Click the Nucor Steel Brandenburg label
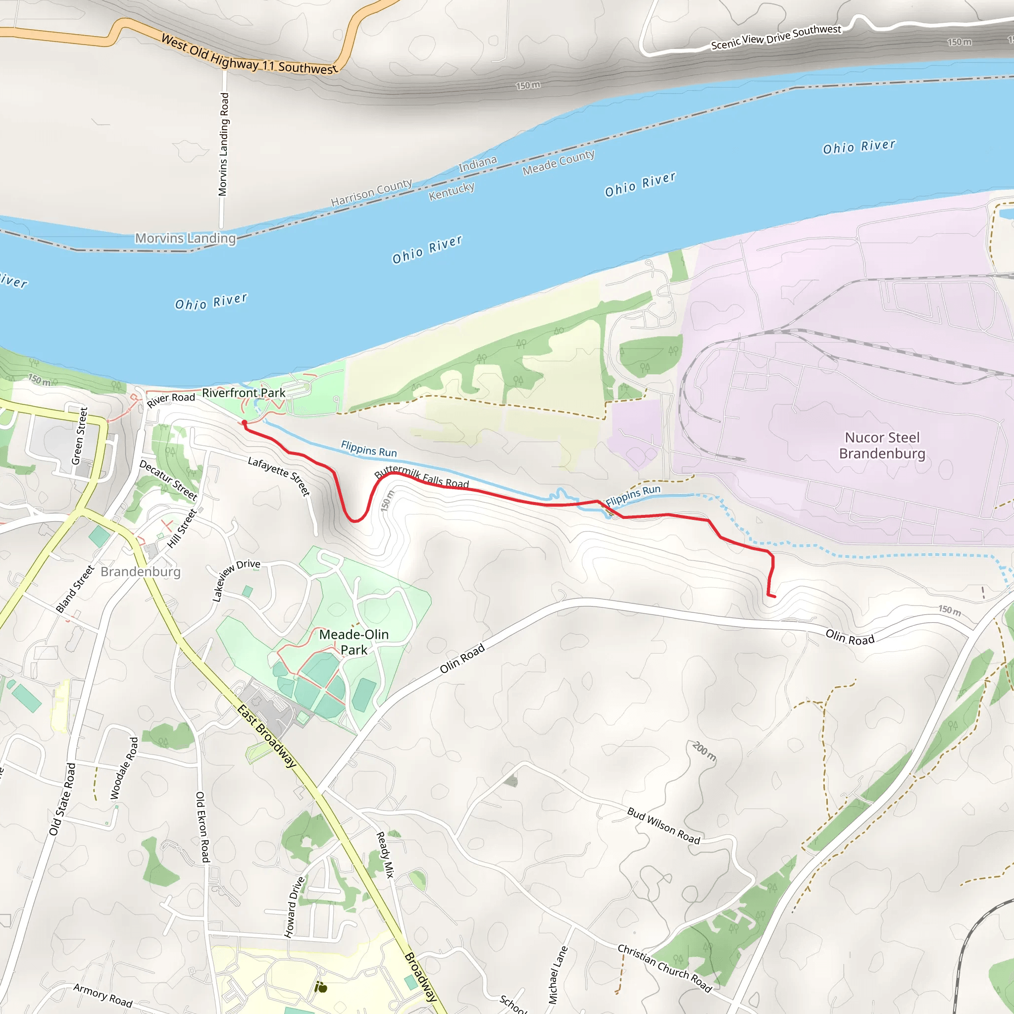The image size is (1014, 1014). [x=882, y=445]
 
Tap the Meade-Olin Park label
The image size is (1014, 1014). [x=355, y=642]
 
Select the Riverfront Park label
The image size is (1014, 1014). [x=244, y=393]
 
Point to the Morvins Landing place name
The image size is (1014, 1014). [x=186, y=238]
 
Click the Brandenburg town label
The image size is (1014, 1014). [x=141, y=571]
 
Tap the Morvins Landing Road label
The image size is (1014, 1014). [x=224, y=145]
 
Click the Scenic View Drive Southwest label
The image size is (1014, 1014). [x=776, y=37]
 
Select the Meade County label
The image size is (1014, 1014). [x=558, y=162]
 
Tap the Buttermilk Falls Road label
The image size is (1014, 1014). [x=421, y=477]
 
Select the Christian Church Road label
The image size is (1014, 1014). [x=664, y=968]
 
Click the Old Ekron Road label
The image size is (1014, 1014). [x=203, y=827]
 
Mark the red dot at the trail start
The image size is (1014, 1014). [x=244, y=422]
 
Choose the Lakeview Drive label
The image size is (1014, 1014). [x=236, y=579]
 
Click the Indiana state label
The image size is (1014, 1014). [x=478, y=164]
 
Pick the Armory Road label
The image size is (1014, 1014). [x=103, y=995]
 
